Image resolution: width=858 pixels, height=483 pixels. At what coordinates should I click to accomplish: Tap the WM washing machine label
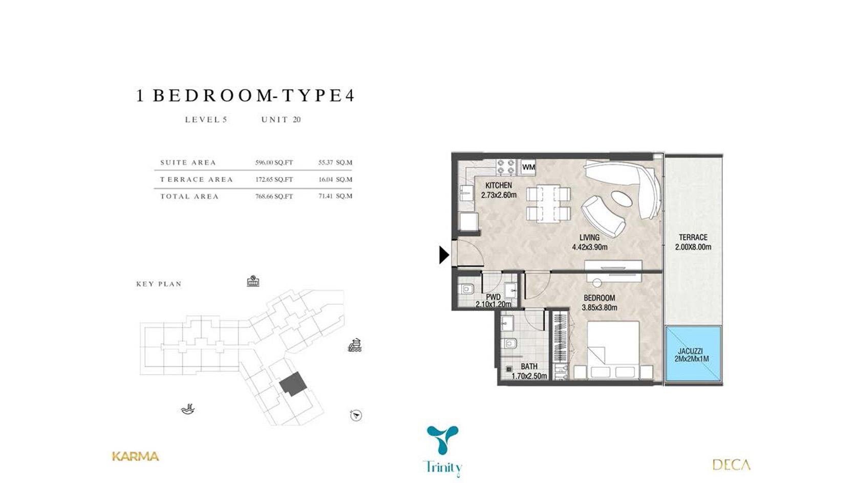point(529,167)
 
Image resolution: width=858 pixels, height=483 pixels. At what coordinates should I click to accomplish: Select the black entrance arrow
point(444,255)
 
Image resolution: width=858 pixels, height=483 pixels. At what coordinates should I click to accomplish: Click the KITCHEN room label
point(499,185)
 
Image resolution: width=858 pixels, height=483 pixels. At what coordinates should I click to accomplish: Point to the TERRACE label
point(693,237)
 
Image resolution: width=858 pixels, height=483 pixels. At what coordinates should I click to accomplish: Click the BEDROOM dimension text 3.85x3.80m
point(599,307)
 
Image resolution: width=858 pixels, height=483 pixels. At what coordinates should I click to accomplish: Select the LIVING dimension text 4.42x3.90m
point(590,247)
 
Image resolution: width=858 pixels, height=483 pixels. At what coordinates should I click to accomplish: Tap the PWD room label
point(494,297)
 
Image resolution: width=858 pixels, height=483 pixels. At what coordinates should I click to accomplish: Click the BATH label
point(529,366)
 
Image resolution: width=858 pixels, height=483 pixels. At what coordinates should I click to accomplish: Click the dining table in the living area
point(548,204)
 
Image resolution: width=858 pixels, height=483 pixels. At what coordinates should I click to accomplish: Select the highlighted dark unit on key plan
point(293,384)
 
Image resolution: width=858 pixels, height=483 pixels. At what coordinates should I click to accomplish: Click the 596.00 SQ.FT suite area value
point(274,162)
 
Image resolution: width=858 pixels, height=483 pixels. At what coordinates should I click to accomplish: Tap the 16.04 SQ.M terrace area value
point(335,179)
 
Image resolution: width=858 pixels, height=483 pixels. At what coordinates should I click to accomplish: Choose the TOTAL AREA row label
point(189,196)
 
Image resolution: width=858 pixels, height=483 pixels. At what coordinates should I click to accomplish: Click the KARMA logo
point(136,456)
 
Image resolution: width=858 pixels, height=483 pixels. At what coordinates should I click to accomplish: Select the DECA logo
point(731,465)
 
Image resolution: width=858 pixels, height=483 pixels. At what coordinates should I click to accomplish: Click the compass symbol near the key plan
point(356,415)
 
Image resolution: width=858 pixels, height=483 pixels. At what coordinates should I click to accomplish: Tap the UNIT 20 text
point(281,120)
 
